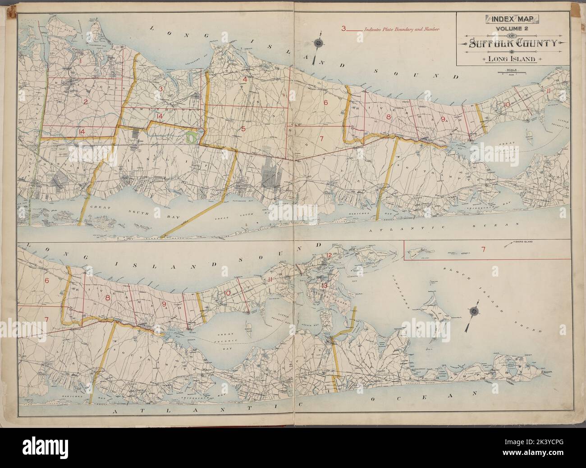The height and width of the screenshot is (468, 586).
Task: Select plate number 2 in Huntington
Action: [x=85, y=102]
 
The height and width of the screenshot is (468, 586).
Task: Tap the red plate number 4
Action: [x=245, y=80]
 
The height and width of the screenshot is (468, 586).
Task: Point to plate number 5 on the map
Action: [x=243, y=129]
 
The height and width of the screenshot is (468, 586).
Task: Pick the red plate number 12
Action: [x=329, y=256]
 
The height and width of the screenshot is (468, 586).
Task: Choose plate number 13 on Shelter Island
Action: [x=324, y=286]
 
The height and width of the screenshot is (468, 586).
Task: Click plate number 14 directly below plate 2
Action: [x=81, y=132]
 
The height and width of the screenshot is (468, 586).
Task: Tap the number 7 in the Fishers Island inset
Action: [x=482, y=249]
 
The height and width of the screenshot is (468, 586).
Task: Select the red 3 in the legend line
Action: [x=343, y=29]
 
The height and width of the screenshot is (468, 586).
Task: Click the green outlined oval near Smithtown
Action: [x=191, y=138]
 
